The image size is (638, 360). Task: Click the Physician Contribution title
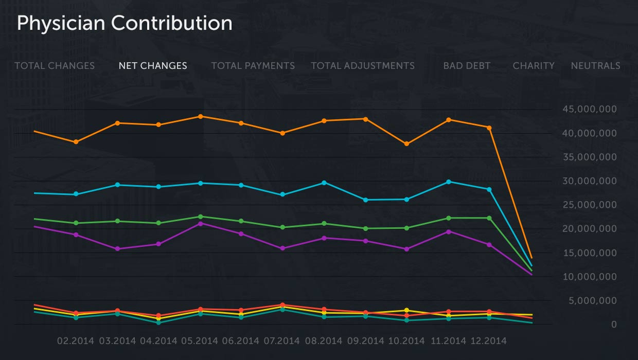click(125, 24)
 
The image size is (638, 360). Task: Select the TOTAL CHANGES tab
click(55, 66)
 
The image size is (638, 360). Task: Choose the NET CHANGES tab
click(153, 66)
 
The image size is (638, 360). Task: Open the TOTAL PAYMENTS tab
click(253, 66)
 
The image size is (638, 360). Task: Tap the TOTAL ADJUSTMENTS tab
click(363, 66)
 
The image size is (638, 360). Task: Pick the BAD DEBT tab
click(467, 66)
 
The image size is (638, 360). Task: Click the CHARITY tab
click(534, 66)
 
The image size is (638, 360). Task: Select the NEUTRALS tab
click(595, 66)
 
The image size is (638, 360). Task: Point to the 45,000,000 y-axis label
click(590, 110)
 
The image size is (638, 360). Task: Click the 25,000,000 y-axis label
click(590, 205)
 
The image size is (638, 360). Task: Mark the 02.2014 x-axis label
click(76, 341)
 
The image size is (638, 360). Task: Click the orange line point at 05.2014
click(200, 116)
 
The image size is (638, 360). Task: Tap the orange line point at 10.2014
click(406, 144)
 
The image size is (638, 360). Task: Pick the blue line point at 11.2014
click(449, 182)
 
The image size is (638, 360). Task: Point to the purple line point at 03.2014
click(117, 249)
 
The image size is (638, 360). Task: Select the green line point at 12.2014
click(489, 218)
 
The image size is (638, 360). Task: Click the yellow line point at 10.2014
click(406, 310)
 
